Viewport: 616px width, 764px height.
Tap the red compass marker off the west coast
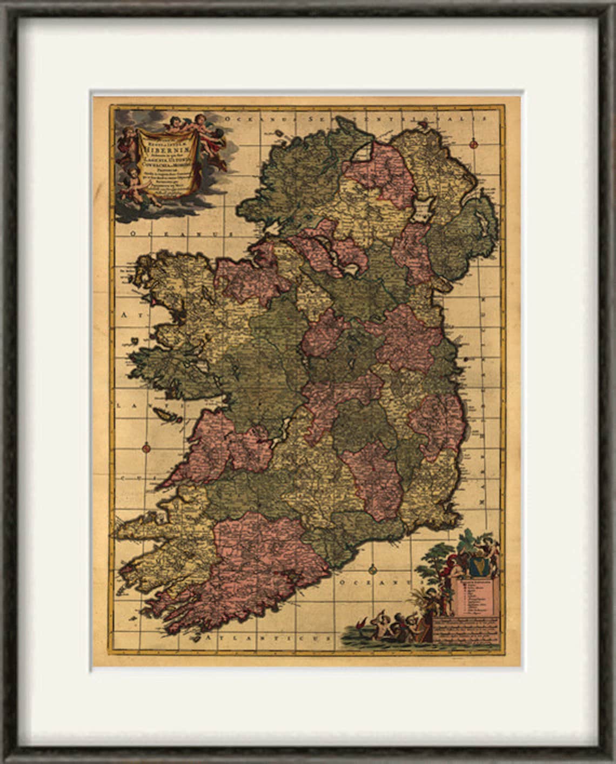pos(146,447)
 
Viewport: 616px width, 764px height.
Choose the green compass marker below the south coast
pos(372,569)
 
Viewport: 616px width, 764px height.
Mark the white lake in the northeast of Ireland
pos(423,207)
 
